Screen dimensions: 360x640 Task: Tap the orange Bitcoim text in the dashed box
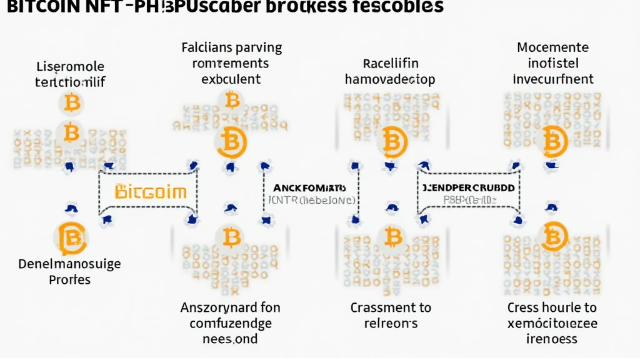tap(151, 191)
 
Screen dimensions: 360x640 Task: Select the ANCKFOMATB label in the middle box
tap(309, 187)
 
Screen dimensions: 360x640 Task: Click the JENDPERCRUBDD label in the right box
tap(468, 187)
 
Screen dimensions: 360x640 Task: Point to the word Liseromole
tap(71, 66)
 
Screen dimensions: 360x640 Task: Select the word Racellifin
tap(390, 63)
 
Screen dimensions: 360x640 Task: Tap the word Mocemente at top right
tap(553, 47)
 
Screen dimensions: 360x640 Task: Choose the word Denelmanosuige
tap(69, 264)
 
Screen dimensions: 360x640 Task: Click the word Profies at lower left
tap(69, 279)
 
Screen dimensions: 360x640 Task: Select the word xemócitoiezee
tap(552, 323)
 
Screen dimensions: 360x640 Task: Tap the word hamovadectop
tap(390, 79)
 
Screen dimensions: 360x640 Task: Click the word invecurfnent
tap(553, 79)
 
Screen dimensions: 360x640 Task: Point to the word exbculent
tap(231, 79)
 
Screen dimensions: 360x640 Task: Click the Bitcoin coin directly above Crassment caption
tap(392, 237)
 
